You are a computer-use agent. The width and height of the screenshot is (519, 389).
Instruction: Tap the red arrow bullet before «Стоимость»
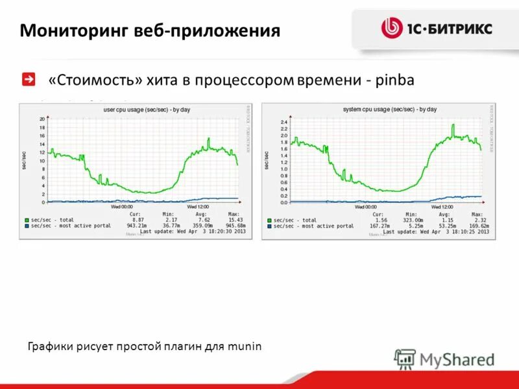click(29, 79)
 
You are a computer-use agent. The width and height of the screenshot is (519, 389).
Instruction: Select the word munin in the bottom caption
click(245, 346)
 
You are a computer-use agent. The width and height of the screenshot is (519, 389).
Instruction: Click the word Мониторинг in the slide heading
click(73, 30)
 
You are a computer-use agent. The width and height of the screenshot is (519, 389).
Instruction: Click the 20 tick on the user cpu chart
click(42, 119)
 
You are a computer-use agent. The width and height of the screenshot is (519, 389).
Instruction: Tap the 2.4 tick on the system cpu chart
click(284, 122)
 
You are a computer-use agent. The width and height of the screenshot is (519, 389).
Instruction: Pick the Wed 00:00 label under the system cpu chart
click(365, 207)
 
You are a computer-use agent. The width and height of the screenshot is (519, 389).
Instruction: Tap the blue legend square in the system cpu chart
click(269, 226)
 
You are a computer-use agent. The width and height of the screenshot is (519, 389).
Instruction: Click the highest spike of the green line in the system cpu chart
click(453, 125)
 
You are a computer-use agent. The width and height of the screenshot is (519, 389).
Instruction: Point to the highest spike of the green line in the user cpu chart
click(209, 138)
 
